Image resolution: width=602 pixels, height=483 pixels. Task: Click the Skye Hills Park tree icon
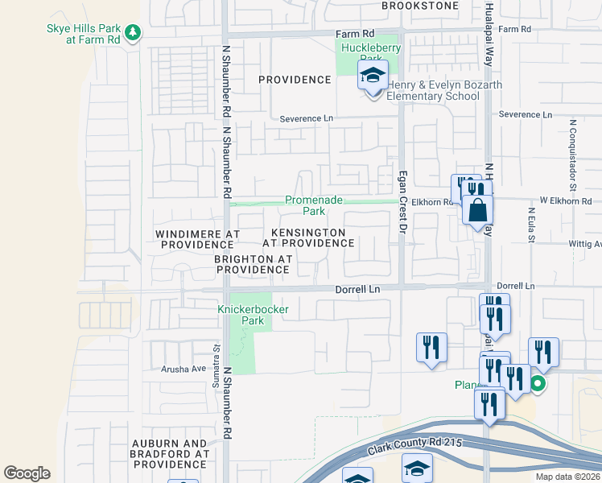pos(134,33)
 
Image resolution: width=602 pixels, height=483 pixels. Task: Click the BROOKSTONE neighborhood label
pos(414,5)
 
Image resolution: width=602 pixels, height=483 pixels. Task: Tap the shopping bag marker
pos(477,211)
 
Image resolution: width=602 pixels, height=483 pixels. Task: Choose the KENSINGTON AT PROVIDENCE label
pos(307,237)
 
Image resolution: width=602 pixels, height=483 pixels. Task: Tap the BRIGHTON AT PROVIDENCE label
pos(252,264)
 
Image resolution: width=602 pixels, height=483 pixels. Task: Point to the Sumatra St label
pos(216,362)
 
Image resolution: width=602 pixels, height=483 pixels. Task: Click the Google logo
pos(27,473)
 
